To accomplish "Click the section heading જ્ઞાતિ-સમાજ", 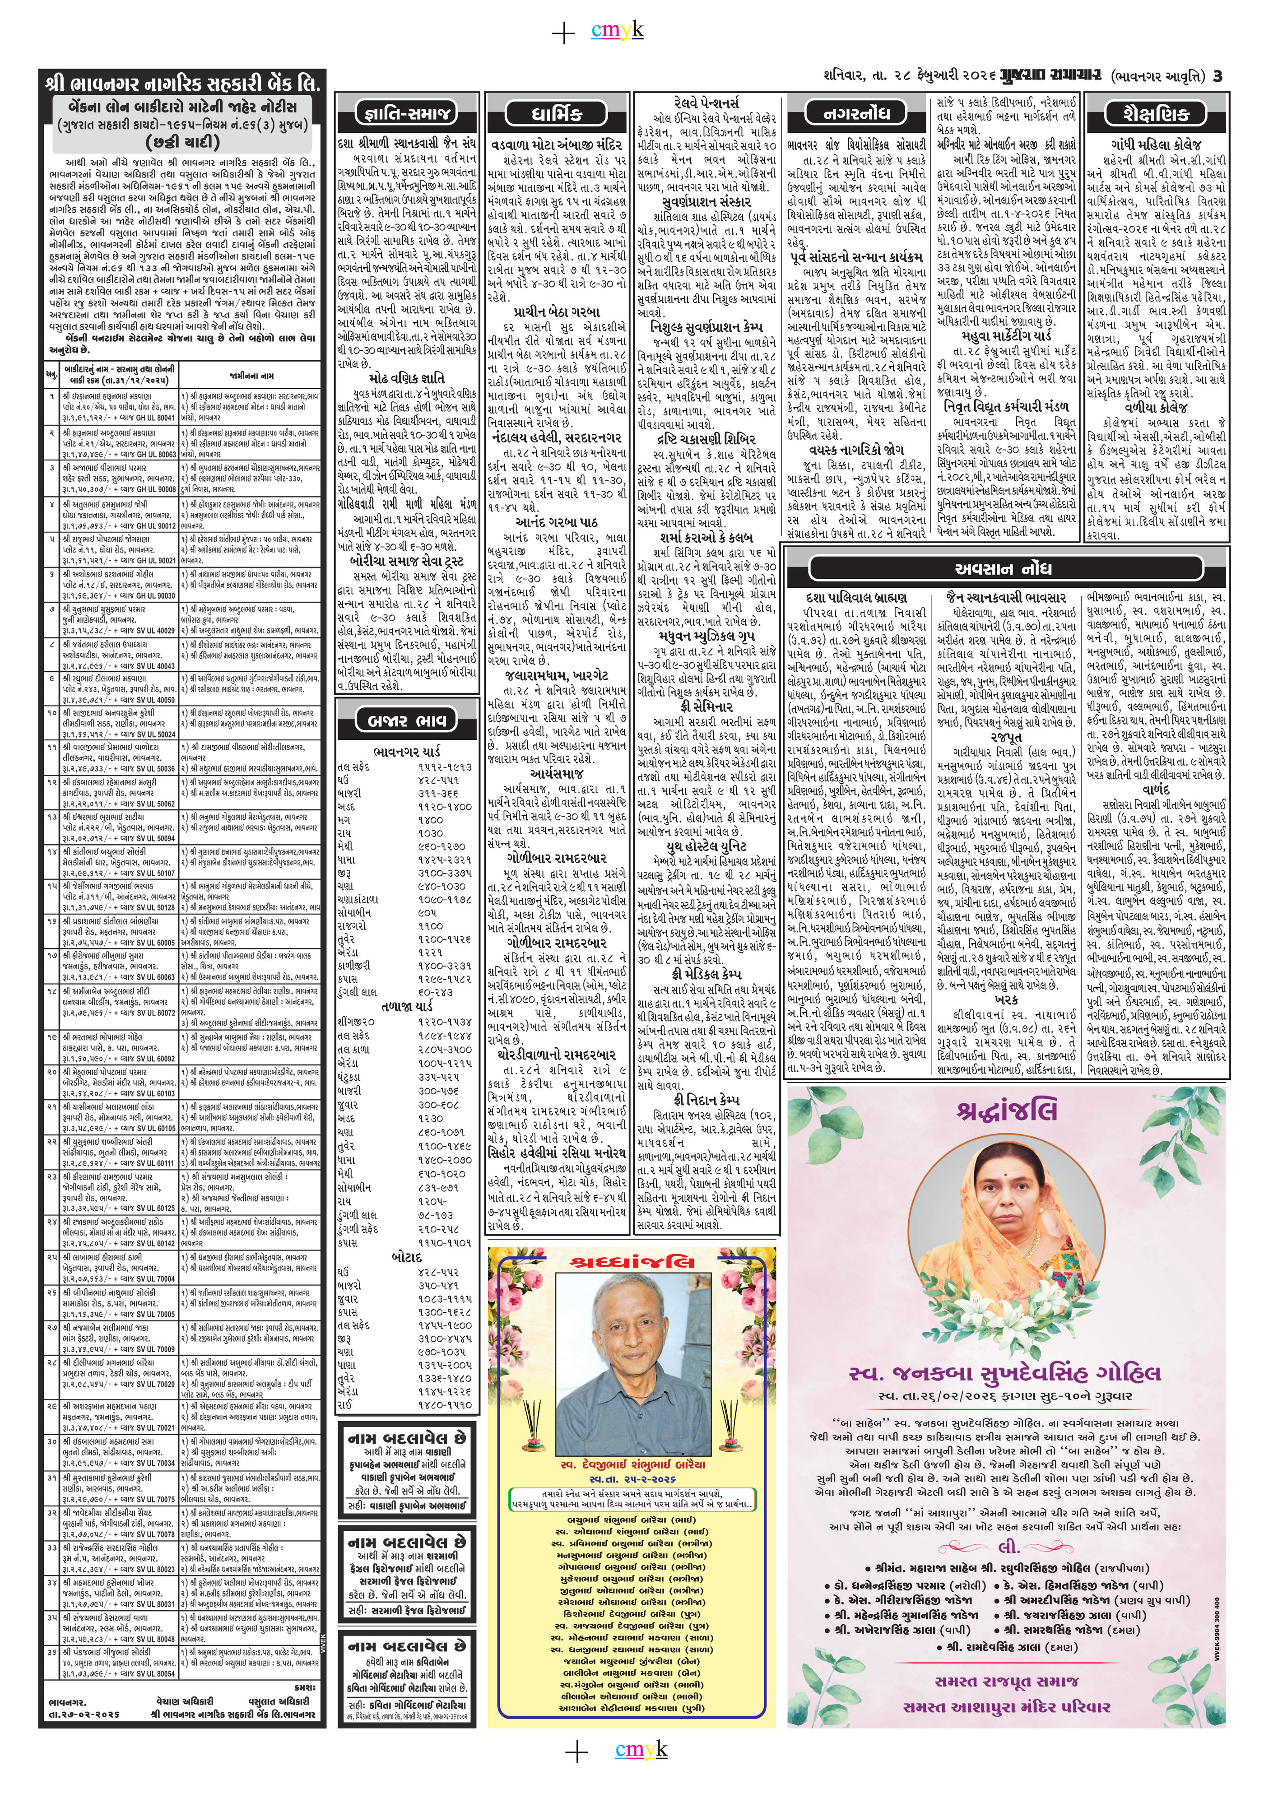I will [x=405, y=114].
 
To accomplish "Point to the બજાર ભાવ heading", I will [x=405, y=719].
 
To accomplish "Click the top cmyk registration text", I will [x=628, y=31].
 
